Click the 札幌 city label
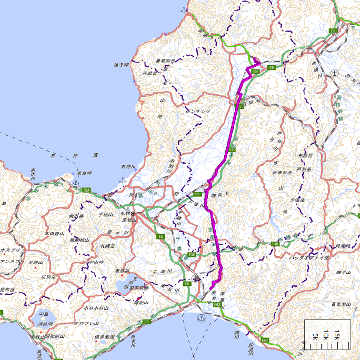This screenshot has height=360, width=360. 124,213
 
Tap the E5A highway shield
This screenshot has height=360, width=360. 87,190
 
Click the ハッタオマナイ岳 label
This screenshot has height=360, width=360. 309,258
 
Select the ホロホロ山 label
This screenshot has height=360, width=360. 96,307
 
